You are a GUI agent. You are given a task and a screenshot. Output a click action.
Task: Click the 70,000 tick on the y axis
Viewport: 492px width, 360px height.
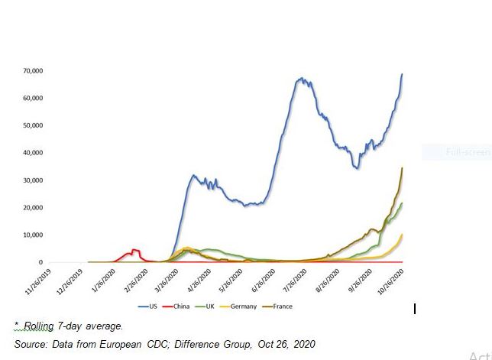pyautogui.click(x=33, y=71)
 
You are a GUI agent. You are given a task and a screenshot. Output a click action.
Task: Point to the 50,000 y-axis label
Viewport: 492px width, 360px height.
pyautogui.click(x=33, y=125)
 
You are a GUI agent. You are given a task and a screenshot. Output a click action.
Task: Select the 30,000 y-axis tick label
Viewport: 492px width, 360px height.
pyautogui.click(x=33, y=180)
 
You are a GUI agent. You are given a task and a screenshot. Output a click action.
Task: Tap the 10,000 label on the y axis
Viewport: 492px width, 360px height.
pyautogui.click(x=33, y=235)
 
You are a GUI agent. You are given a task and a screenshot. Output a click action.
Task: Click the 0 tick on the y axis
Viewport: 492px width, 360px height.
pyautogui.click(x=40, y=263)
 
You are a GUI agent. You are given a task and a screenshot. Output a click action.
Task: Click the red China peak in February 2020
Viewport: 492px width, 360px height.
pyautogui.click(x=134, y=249)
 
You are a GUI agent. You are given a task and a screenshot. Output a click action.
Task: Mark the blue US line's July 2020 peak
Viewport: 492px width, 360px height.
pyautogui.click(x=302, y=78)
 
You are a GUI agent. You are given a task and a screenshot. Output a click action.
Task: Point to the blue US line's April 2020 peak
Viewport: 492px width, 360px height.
pyautogui.click(x=193, y=176)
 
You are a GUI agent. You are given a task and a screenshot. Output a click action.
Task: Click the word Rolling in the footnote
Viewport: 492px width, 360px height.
pyautogui.click(x=39, y=326)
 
